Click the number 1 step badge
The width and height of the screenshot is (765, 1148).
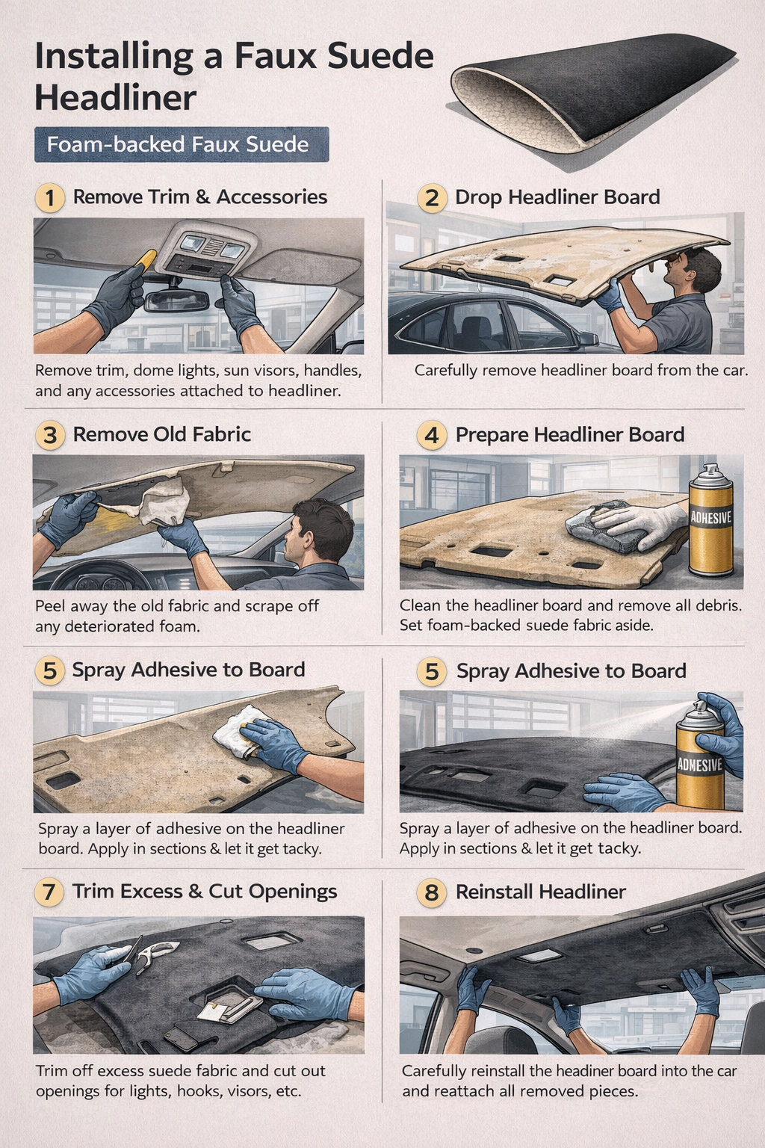(x=50, y=198)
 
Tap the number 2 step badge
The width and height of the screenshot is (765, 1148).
(x=432, y=198)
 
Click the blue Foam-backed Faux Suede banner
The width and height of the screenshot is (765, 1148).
(x=182, y=144)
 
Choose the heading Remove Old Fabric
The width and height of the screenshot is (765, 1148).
(x=162, y=434)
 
